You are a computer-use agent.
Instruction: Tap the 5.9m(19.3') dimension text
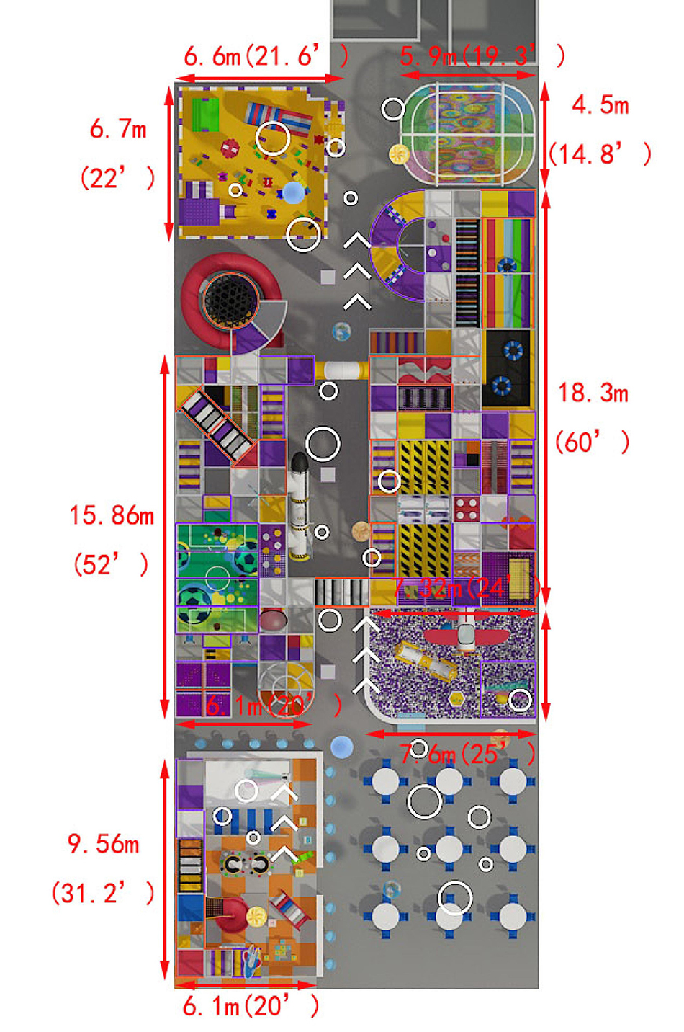click(x=482, y=55)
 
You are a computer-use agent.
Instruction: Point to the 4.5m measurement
click(x=600, y=105)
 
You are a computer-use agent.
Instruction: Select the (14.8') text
click(x=600, y=154)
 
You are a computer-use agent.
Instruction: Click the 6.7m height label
click(x=118, y=129)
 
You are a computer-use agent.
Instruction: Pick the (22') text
click(x=118, y=177)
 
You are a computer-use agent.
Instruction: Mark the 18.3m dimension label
click(x=593, y=393)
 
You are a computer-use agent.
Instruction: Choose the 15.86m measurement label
click(x=112, y=515)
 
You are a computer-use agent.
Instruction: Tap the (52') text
click(x=112, y=564)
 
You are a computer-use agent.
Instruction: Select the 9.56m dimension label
click(x=104, y=843)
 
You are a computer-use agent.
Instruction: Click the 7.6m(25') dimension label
click(x=468, y=755)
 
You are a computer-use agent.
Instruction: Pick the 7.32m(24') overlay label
click(x=464, y=587)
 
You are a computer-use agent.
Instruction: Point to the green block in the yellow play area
click(x=205, y=115)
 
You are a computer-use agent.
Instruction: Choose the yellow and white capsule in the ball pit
click(x=425, y=659)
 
